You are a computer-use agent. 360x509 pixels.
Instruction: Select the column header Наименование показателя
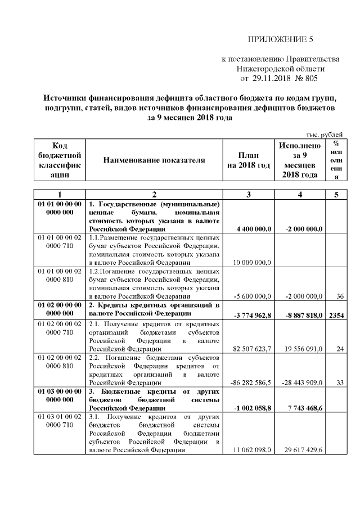(x=154, y=160)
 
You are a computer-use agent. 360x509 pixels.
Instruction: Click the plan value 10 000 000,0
(x=251, y=262)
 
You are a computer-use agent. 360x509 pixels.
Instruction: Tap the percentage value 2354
(x=336, y=316)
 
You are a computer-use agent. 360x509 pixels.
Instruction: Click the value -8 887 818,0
(x=301, y=316)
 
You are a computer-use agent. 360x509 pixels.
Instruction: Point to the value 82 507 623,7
(x=251, y=349)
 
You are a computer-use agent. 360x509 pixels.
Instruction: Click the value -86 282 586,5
(x=251, y=382)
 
